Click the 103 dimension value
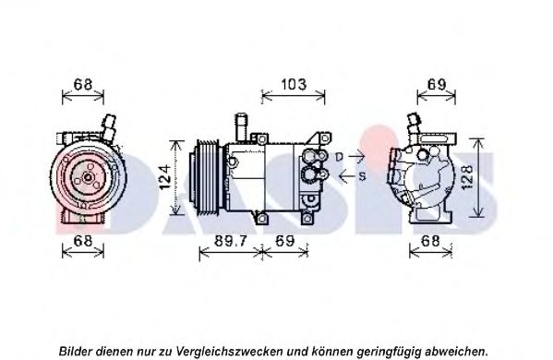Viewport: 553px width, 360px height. click(x=294, y=85)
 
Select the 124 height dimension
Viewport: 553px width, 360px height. click(x=164, y=177)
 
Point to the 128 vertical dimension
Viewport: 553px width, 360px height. click(x=467, y=178)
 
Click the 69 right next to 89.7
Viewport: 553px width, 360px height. click(x=284, y=241)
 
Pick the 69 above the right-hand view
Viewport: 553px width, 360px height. click(x=437, y=85)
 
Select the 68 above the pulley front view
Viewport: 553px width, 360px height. click(x=83, y=85)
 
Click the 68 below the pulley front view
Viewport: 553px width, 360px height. click(x=83, y=241)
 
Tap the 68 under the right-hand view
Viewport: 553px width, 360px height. click(x=430, y=241)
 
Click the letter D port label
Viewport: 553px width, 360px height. click(x=339, y=157)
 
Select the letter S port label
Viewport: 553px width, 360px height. click(x=362, y=176)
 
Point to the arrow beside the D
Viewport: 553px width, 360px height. click(x=356, y=155)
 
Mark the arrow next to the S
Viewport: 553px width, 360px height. click(x=346, y=175)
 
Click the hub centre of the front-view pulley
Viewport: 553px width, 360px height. click(x=88, y=178)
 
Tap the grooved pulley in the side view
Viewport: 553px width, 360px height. click(x=206, y=177)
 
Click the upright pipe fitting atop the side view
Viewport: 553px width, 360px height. click(x=242, y=127)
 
